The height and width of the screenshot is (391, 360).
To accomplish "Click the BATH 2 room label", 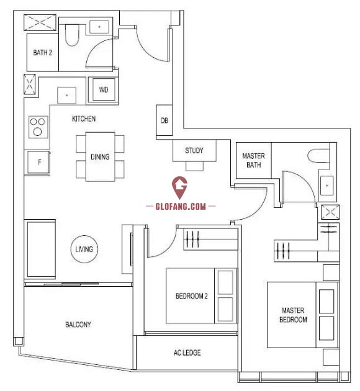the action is pyautogui.click(x=43, y=53).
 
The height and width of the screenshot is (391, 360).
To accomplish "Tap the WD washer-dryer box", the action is pyautogui.click(x=104, y=90).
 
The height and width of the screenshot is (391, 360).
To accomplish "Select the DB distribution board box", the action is pyautogui.click(x=164, y=120).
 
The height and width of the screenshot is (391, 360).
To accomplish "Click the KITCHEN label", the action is pyautogui.click(x=84, y=119).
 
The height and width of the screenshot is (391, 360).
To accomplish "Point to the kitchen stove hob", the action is pyautogui.click(x=38, y=127).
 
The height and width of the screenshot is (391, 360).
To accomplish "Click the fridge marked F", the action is pyautogui.click(x=38, y=162).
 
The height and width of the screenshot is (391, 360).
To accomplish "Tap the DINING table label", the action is pyautogui.click(x=100, y=157).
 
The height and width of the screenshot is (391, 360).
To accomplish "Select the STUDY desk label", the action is pyautogui.click(x=194, y=151).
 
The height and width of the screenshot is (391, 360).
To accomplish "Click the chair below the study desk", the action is pyautogui.click(x=194, y=166).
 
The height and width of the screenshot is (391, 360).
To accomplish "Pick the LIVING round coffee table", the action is pyautogui.click(x=84, y=249).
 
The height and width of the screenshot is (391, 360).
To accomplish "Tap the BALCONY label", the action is pyautogui.click(x=78, y=325).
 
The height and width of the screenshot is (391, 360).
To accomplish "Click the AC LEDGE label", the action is pyautogui.click(x=187, y=353).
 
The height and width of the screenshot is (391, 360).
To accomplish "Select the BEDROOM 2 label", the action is pyautogui.click(x=191, y=296).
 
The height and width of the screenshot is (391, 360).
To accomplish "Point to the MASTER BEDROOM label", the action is pyautogui.click(x=293, y=315).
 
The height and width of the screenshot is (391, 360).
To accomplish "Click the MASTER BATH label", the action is pyautogui.click(x=253, y=160).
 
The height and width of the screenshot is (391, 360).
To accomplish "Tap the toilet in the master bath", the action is pyautogui.click(x=318, y=156).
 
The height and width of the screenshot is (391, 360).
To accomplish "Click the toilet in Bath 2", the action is pyautogui.click(x=72, y=35).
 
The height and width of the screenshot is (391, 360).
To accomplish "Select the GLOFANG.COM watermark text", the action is pyautogui.click(x=181, y=206).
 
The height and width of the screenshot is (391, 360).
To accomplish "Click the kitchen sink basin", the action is pyautogui.click(x=66, y=95).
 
